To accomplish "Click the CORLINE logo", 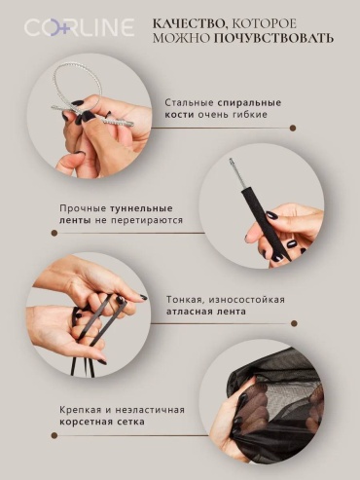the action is click(79, 27).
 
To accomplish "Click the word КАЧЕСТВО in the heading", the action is click(191, 23).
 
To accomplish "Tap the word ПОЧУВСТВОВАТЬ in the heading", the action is click(273, 38).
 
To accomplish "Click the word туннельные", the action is click(141, 208).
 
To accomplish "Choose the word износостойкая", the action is click(247, 299).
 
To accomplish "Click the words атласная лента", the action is click(206, 312).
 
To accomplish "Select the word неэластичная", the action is click(147, 410).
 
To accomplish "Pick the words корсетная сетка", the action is click(102, 422).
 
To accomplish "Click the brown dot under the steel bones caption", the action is click(293, 129).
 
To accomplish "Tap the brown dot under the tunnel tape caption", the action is click(54, 233).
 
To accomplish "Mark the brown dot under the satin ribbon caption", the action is click(294, 323).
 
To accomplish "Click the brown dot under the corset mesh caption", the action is click(54, 435).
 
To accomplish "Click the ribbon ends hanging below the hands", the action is click(81, 362).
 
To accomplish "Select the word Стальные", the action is click(189, 103).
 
